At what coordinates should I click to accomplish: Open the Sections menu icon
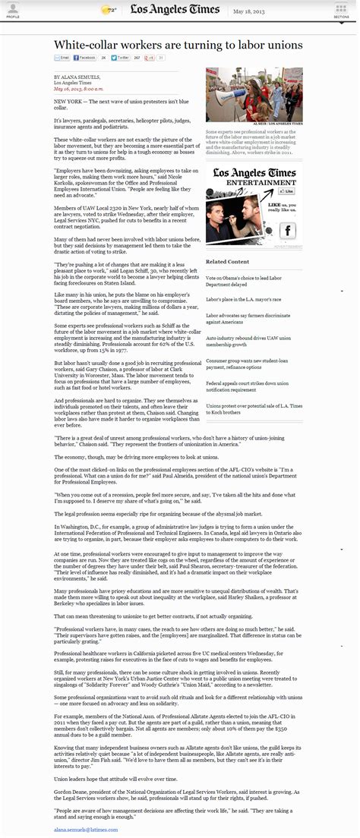(x=341, y=8)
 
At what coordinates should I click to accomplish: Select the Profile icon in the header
(x=12, y=8)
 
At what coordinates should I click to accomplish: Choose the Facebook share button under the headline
(x=84, y=58)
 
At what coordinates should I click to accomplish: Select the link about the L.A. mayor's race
(x=238, y=300)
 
